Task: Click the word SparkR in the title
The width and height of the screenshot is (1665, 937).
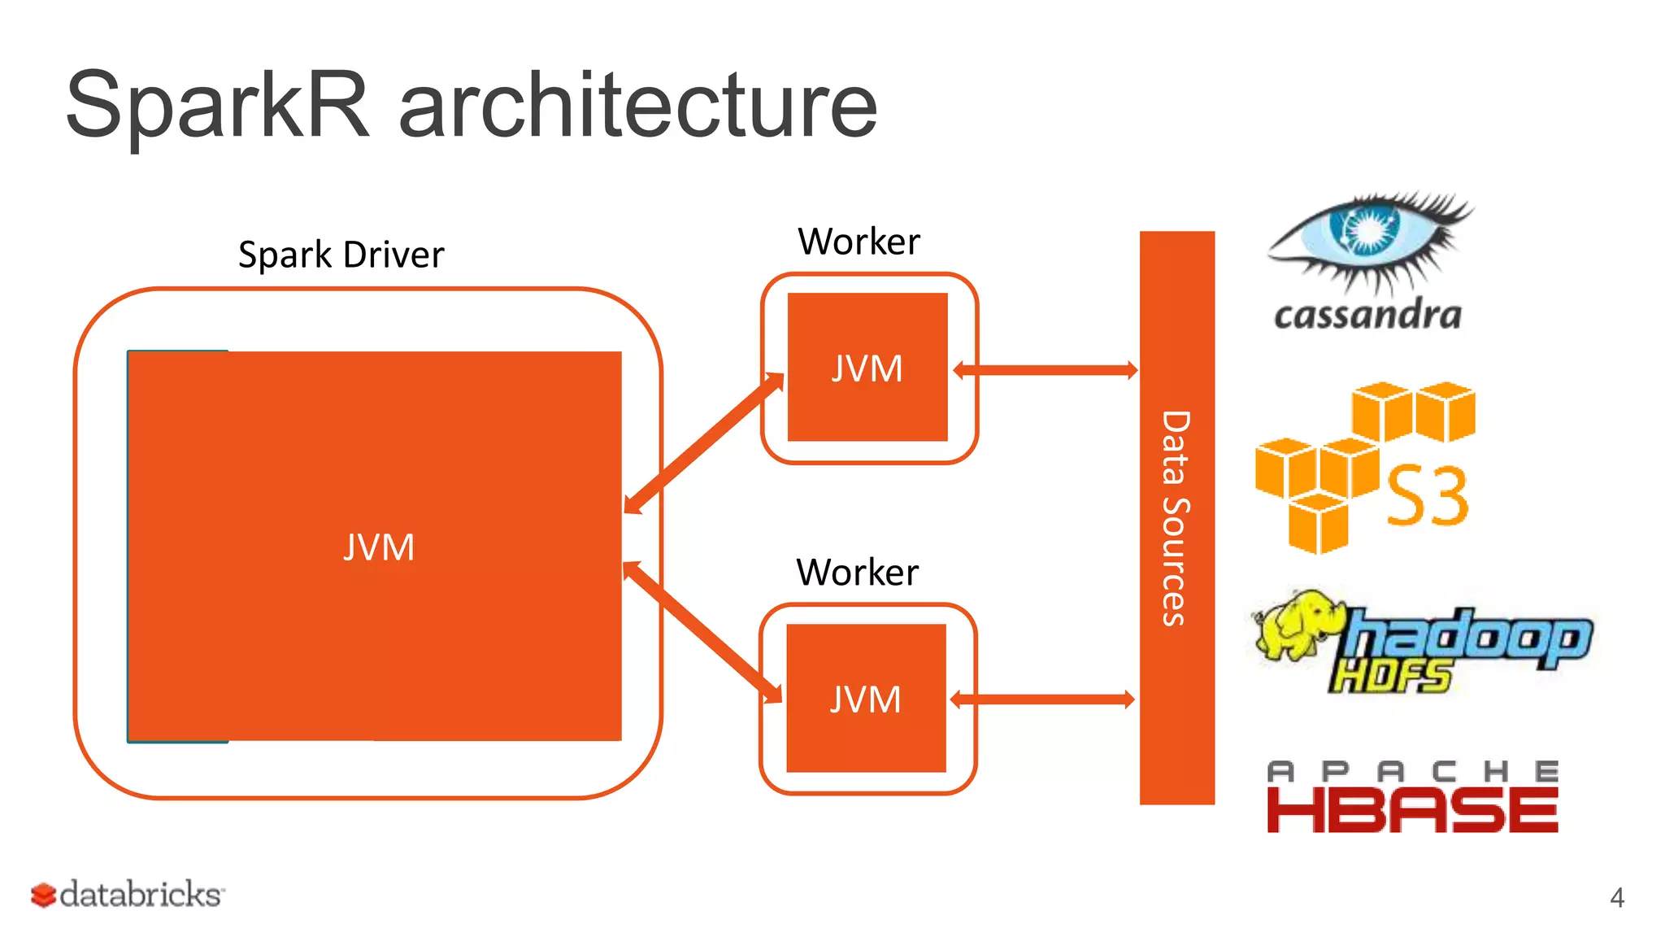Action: tap(218, 106)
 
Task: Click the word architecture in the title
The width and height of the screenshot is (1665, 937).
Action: tap(638, 106)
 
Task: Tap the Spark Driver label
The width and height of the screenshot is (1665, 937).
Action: tap(341, 255)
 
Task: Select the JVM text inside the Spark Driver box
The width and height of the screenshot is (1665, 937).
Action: tap(379, 547)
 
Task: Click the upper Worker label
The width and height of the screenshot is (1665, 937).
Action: tap(859, 242)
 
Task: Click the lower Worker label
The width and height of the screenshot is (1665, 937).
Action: tap(857, 573)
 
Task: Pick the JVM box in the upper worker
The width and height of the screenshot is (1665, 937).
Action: tap(867, 368)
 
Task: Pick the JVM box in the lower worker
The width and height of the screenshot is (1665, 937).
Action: tap(866, 699)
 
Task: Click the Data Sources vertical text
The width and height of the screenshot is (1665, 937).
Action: tap(1176, 518)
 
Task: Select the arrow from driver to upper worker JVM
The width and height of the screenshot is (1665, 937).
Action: tap(704, 443)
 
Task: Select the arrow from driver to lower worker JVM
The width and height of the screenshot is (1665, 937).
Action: tap(702, 632)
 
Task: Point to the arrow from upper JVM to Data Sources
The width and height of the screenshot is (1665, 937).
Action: tap(1045, 371)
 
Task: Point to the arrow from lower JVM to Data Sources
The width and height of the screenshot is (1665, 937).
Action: tap(1042, 699)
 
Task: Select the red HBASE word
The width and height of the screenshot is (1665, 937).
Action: tap(1412, 810)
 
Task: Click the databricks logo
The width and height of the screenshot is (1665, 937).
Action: tap(128, 895)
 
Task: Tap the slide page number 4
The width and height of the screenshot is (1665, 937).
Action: tap(1616, 898)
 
